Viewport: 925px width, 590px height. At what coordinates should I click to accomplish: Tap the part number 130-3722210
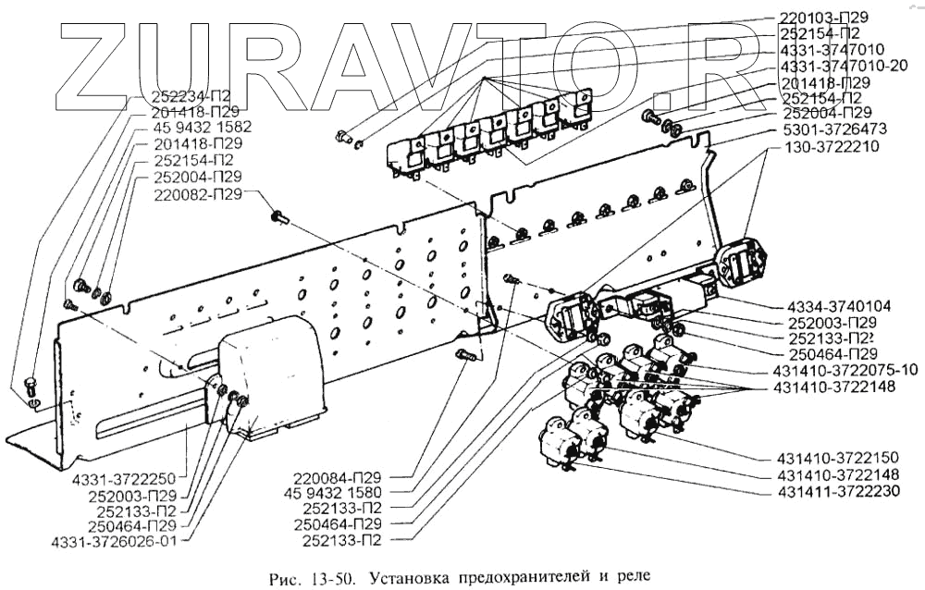(x=832, y=146)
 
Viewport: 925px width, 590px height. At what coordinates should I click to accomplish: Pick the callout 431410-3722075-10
(x=845, y=370)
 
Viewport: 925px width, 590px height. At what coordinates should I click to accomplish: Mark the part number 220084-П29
(x=336, y=477)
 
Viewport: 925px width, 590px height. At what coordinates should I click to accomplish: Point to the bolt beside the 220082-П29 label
(x=278, y=216)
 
